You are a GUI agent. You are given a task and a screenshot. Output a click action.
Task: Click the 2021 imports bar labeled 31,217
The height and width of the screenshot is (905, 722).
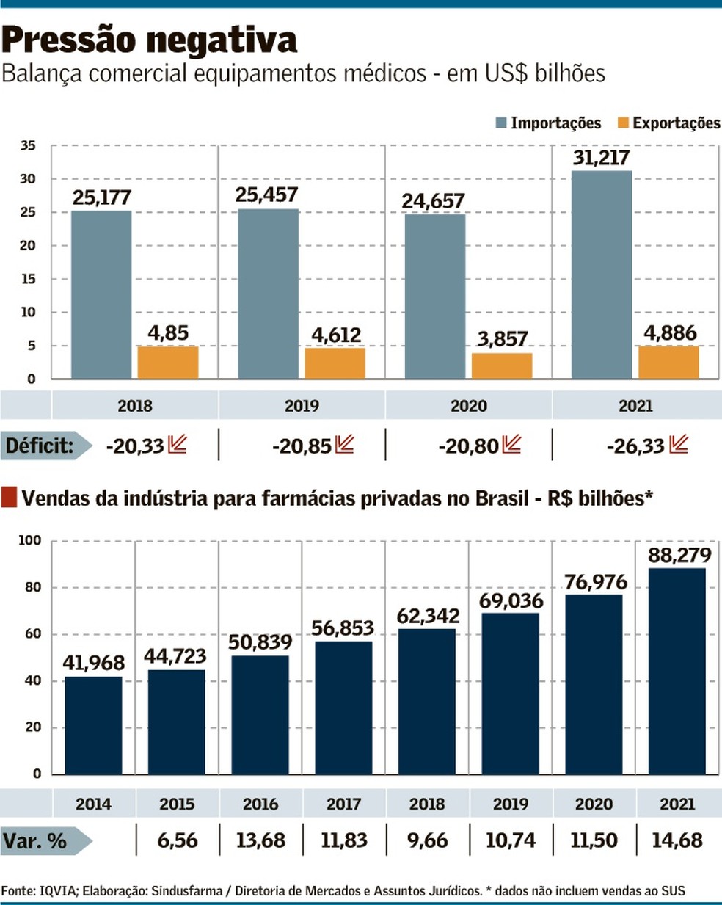(x=602, y=275)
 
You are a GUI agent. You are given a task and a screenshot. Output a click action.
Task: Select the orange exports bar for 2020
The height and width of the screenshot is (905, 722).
(x=502, y=366)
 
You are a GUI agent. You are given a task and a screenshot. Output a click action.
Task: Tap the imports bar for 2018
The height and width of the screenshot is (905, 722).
(x=101, y=294)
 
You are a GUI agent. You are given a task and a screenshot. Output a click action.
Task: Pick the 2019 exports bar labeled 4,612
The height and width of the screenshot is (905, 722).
(x=335, y=363)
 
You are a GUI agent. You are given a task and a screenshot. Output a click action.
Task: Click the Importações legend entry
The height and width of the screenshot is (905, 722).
(x=548, y=123)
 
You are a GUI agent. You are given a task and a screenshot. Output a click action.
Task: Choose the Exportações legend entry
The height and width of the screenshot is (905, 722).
(x=668, y=123)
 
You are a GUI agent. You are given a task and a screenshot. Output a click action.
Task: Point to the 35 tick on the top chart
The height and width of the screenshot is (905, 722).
(x=28, y=146)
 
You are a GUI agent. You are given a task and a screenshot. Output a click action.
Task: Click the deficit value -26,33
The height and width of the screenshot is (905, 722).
(x=635, y=446)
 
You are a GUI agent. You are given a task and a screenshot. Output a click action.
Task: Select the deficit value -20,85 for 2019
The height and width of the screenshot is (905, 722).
(x=302, y=446)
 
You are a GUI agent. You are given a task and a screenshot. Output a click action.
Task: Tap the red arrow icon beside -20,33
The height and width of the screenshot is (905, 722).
(x=177, y=444)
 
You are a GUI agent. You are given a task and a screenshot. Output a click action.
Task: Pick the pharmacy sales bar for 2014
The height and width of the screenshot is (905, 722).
(x=93, y=725)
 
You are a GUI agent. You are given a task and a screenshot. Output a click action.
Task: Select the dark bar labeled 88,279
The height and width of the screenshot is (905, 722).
(x=677, y=671)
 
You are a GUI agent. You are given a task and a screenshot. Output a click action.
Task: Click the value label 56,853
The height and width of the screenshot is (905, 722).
(x=343, y=628)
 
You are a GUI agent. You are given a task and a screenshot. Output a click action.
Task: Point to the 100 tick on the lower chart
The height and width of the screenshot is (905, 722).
(x=30, y=541)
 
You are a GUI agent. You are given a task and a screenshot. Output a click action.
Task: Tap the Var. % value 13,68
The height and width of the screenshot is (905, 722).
(x=260, y=840)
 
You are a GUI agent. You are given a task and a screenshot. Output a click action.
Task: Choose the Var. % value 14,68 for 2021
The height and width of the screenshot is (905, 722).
(x=677, y=840)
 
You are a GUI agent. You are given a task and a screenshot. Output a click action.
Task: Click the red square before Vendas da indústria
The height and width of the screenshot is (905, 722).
(x=9, y=498)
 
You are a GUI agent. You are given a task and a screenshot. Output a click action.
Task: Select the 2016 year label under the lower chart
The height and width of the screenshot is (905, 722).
(x=260, y=804)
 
